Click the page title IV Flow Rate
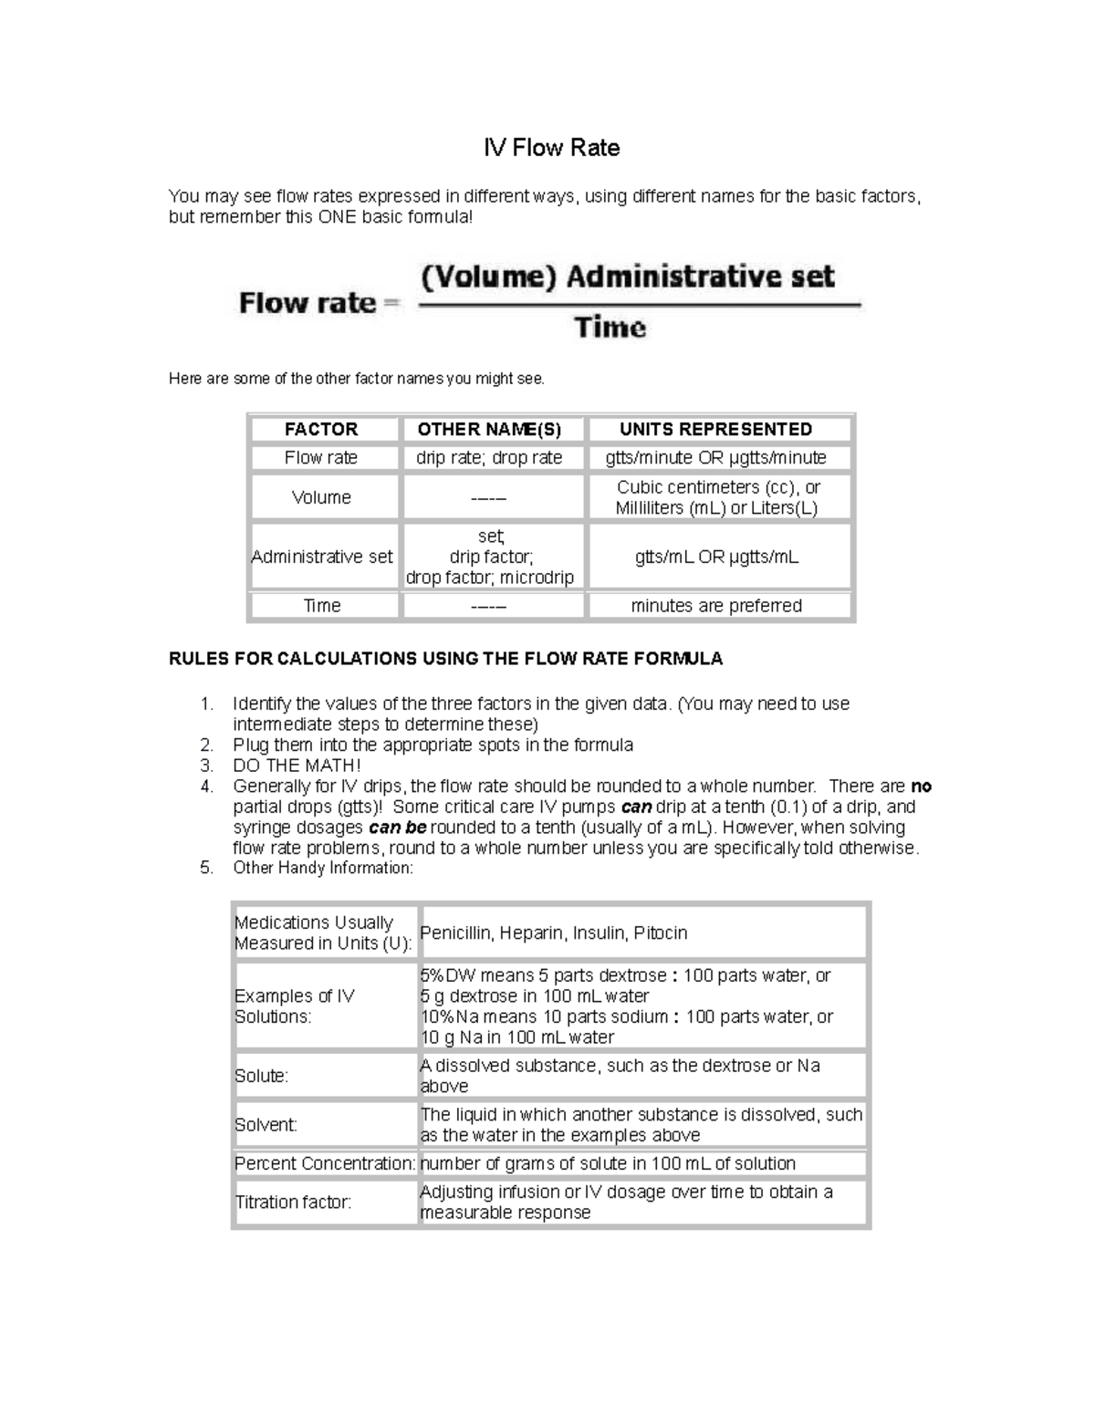click(551, 148)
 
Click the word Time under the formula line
click(610, 328)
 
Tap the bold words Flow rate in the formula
click(308, 303)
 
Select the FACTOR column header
click(321, 429)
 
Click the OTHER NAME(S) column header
click(489, 429)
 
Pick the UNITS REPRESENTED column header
click(715, 429)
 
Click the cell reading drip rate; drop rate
click(489, 458)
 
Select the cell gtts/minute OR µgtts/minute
click(715, 458)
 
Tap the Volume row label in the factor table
click(321, 497)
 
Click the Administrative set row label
click(321, 557)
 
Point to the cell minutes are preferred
click(716, 606)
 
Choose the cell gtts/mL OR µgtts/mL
click(716, 557)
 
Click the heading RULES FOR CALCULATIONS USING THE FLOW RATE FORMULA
click(445, 659)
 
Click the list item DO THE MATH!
click(297, 766)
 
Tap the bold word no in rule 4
click(921, 787)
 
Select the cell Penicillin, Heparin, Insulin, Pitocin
click(553, 933)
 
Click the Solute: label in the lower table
click(261, 1076)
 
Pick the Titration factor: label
click(293, 1203)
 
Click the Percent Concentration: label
click(325, 1163)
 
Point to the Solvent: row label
click(266, 1125)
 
